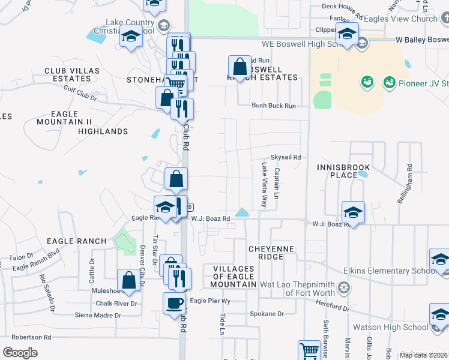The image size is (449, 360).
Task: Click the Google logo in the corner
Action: click(20, 352)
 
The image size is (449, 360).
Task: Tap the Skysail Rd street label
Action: click(285, 157)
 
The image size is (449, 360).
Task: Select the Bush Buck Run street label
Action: click(274, 106)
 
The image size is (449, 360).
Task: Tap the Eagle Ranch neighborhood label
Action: click(75, 241)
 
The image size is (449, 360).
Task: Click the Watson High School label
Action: click(390, 327)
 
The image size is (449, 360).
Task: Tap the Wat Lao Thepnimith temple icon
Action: click(344, 287)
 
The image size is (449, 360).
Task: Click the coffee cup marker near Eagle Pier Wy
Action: click(174, 303)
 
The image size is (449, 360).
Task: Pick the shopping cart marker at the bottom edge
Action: click(309, 350)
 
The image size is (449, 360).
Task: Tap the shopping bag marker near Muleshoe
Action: click(129, 280)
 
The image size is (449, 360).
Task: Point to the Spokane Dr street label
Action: click(267, 314)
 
